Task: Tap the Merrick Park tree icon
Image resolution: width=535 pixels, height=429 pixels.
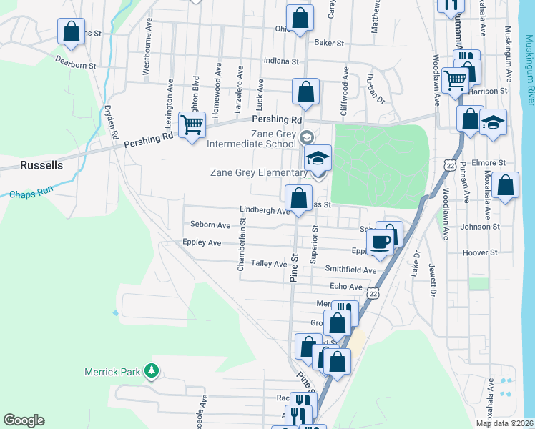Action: pos(151,370)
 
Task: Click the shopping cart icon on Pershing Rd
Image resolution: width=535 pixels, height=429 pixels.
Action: pos(192,125)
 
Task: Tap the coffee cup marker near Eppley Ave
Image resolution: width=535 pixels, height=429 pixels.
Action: pos(380,240)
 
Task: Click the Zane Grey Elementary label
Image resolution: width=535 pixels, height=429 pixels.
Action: pos(258,172)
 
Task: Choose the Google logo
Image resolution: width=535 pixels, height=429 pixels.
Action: pos(24,420)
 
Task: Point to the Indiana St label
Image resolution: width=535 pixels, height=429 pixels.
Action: pos(280,61)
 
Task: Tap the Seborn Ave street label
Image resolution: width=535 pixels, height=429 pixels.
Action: pos(210,225)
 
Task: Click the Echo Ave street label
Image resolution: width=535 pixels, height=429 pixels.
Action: pos(346,287)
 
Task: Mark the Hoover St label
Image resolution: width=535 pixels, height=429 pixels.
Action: pos(479,253)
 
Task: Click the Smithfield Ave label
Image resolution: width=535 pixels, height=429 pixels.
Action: pos(350,270)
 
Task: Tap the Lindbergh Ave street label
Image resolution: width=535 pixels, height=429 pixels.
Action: pos(265,210)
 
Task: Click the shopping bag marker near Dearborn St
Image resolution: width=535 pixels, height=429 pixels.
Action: pos(71,32)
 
